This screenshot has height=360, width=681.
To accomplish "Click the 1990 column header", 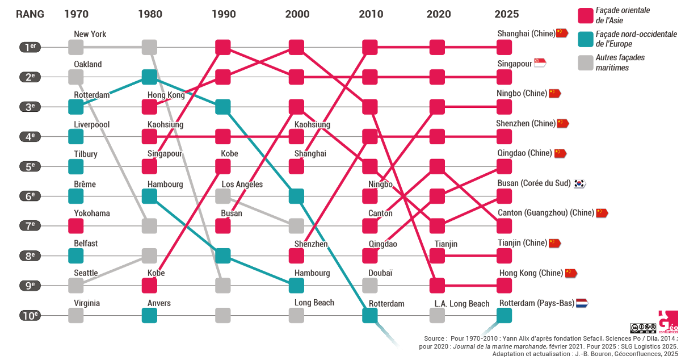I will [223, 14].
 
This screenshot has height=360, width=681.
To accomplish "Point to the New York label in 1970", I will [90, 34].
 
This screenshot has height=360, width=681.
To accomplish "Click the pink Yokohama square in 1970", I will [75, 226].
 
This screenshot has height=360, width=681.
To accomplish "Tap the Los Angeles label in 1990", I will [242, 184].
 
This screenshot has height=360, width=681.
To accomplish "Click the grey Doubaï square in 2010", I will [370, 286].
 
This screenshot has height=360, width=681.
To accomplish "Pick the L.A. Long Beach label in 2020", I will [462, 304].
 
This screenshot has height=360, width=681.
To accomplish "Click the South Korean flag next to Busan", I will [579, 183].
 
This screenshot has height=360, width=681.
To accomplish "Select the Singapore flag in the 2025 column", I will [540, 64].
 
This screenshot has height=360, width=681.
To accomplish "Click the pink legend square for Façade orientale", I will [585, 15].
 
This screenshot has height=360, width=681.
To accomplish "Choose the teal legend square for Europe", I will [585, 39].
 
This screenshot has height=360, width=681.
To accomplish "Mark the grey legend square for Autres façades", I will [585, 62].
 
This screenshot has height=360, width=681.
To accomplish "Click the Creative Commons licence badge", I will [643, 328].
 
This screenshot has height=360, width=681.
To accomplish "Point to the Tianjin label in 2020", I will [446, 244].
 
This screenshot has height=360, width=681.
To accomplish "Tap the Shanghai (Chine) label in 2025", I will [526, 34].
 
